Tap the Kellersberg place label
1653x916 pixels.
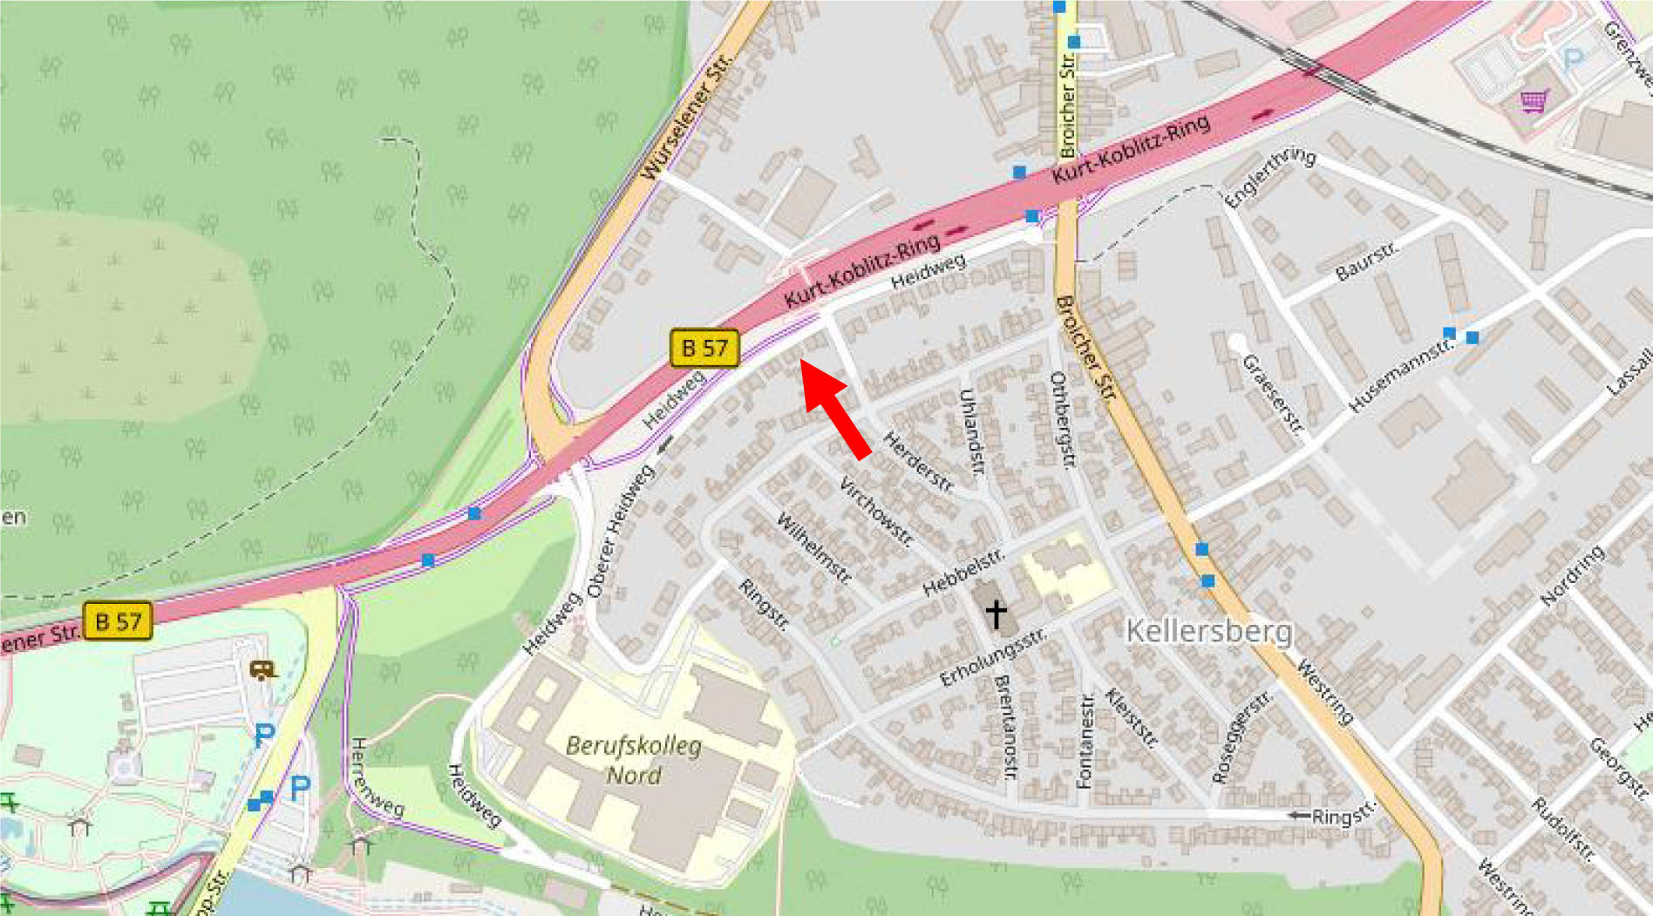tap(1208, 631)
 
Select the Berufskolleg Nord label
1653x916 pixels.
tap(634, 760)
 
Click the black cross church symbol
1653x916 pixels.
tap(996, 614)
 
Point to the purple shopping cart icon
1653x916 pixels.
tap(1534, 100)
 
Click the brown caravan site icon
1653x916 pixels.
tap(263, 669)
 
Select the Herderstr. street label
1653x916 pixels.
tap(919, 462)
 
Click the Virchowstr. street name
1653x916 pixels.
tap(874, 511)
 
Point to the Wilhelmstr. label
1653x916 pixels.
tap(813, 548)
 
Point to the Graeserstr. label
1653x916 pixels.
tap(1272, 393)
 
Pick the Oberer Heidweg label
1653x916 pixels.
tap(621, 532)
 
